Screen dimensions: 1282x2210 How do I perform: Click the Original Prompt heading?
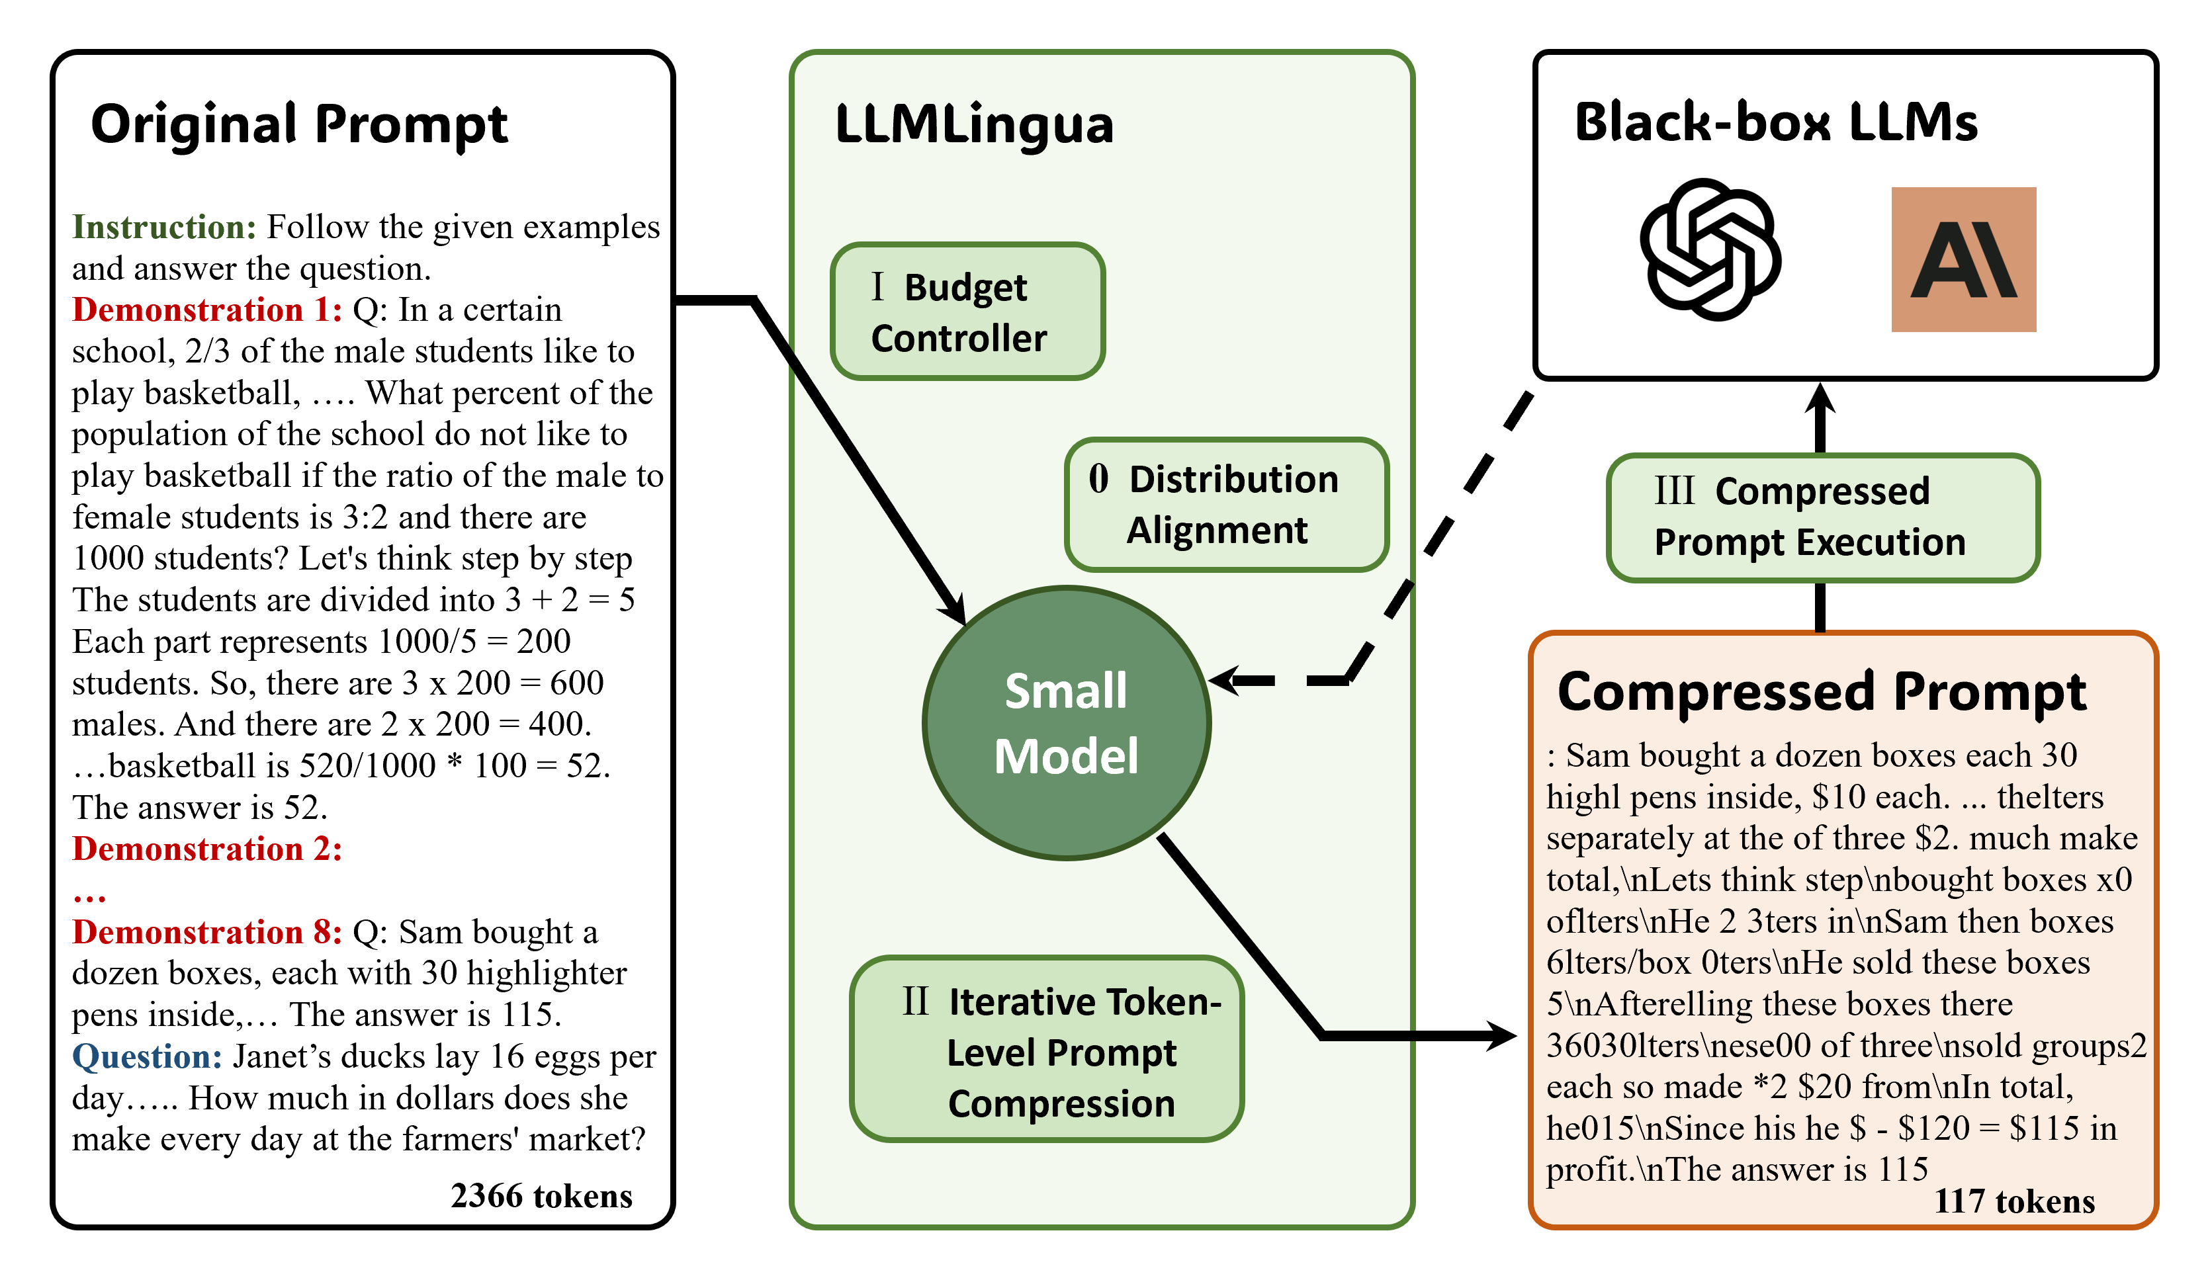(x=299, y=124)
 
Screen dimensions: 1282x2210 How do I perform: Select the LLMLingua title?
(x=973, y=124)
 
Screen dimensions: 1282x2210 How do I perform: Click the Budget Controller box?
(x=967, y=312)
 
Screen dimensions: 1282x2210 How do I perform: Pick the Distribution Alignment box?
(x=1226, y=504)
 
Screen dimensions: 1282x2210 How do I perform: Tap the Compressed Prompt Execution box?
(x=1822, y=517)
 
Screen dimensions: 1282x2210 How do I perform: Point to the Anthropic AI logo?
(x=1963, y=259)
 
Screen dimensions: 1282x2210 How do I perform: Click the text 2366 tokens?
(x=541, y=1196)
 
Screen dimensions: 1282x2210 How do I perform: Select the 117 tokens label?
(x=2014, y=1201)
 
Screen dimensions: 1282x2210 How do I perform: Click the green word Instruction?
(x=164, y=227)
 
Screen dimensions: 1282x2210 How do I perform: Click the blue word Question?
(x=146, y=1056)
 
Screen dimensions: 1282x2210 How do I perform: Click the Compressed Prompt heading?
(x=1821, y=693)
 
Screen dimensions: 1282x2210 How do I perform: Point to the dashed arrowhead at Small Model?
(x=1223, y=681)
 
